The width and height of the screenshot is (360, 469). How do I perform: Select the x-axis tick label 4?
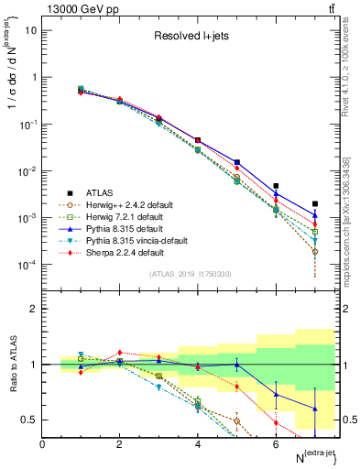click(197, 443)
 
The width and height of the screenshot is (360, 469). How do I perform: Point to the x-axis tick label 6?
click(276, 443)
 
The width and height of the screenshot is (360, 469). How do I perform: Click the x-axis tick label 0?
click(42, 443)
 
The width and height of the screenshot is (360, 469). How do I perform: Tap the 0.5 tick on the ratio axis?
click(29, 420)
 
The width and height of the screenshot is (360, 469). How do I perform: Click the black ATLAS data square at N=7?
click(315, 203)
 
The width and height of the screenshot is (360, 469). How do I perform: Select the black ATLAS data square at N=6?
click(276, 186)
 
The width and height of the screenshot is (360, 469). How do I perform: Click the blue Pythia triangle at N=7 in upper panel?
click(315, 214)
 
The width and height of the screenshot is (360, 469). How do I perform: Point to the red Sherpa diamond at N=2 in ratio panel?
click(119, 352)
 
